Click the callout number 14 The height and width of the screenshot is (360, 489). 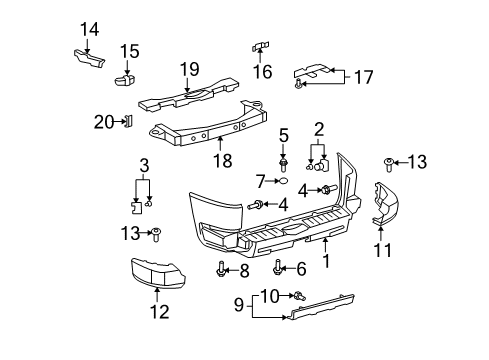(x=89, y=29)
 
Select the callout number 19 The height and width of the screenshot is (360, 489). (x=189, y=70)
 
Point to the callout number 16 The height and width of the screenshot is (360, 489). (x=263, y=72)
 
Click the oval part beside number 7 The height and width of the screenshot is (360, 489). (x=283, y=183)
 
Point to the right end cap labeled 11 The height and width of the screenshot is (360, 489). (x=385, y=206)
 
